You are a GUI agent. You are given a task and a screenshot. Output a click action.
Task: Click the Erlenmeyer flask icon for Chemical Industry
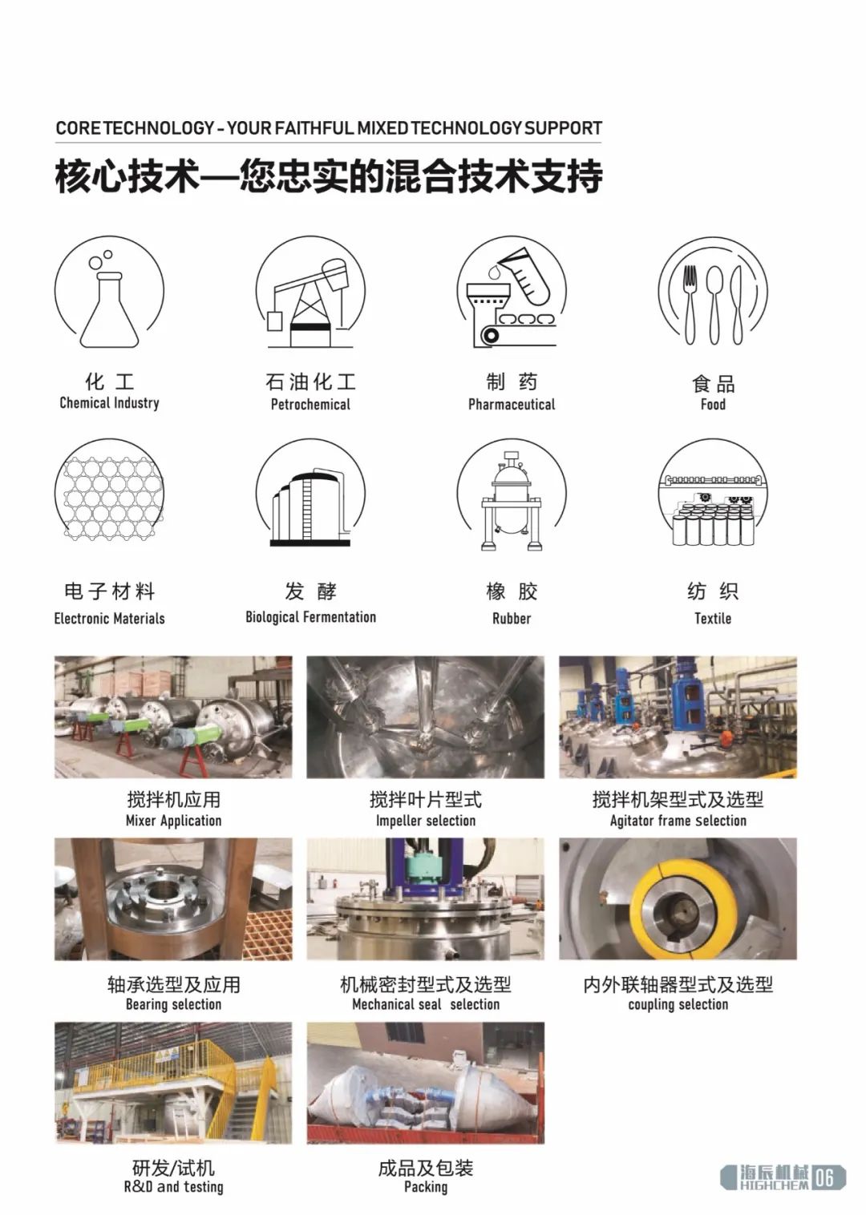point(110,309)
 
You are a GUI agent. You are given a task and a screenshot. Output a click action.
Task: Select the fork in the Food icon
point(689,305)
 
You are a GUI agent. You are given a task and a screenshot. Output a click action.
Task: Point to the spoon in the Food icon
point(714,305)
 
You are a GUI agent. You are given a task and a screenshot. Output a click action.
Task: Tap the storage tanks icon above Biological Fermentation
point(308,507)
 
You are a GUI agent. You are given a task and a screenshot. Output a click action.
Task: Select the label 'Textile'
point(713,619)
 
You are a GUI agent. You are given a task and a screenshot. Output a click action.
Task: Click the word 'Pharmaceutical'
point(512,404)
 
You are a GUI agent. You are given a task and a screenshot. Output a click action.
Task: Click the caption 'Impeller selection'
point(426,821)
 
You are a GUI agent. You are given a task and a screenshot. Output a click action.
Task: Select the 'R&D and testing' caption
point(174,1187)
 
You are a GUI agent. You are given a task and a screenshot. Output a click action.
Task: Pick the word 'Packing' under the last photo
point(426,1187)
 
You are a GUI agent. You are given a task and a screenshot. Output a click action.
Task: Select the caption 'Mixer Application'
point(174,821)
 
